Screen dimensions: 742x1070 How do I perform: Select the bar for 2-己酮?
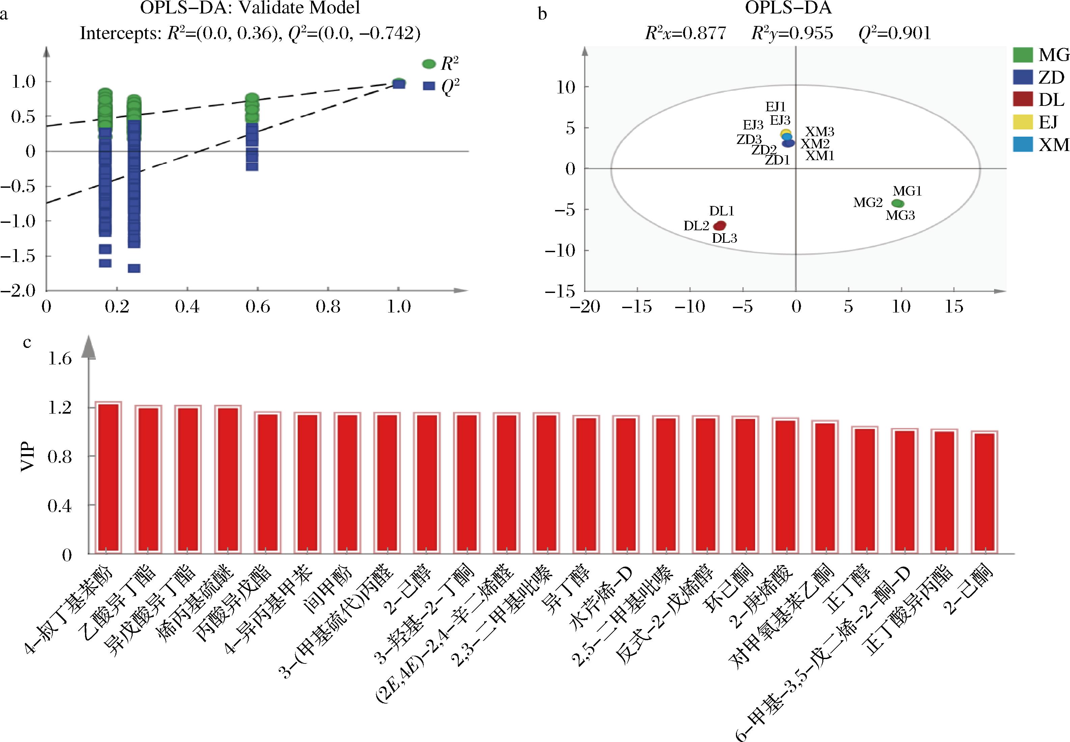[x=984, y=493]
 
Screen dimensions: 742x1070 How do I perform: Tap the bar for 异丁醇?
[x=586, y=485]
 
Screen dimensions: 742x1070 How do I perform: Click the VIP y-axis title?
[x=29, y=457]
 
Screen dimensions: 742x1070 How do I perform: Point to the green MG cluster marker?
[x=898, y=203]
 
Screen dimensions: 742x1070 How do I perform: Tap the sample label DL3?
[x=724, y=238]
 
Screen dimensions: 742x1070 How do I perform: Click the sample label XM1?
[x=820, y=156]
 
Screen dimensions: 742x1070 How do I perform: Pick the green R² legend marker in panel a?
[x=429, y=64]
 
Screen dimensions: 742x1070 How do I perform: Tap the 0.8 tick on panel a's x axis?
[x=328, y=307]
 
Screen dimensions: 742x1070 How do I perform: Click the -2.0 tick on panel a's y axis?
[x=18, y=291]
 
